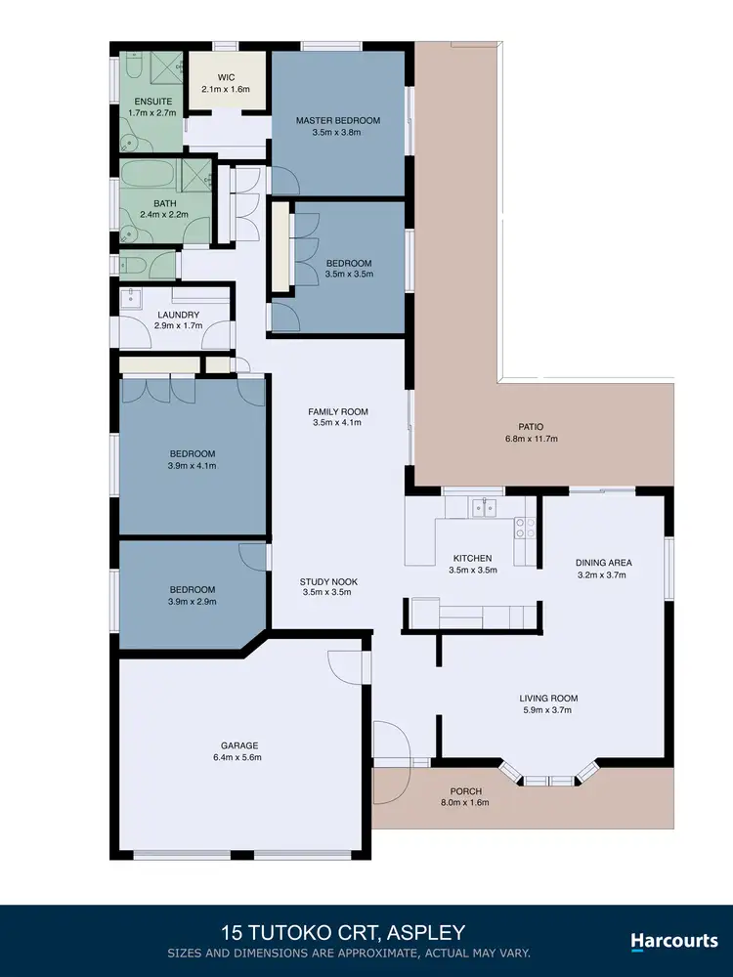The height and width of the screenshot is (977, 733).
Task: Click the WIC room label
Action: coord(226,77)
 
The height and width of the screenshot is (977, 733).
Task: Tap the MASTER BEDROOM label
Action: coord(337,120)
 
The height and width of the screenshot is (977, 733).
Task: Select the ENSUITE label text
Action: coord(142,101)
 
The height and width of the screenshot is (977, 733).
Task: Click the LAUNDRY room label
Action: coord(178,315)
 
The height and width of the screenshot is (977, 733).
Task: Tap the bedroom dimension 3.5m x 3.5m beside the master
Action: coord(349,275)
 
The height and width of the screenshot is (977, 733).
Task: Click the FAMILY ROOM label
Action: coord(337,411)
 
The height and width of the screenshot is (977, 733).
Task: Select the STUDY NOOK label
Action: coord(328,581)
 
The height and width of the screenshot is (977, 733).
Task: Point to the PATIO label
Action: coord(532,426)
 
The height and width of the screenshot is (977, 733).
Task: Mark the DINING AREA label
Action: coord(603,563)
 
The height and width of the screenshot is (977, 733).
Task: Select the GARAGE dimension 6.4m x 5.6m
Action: coord(237,757)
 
